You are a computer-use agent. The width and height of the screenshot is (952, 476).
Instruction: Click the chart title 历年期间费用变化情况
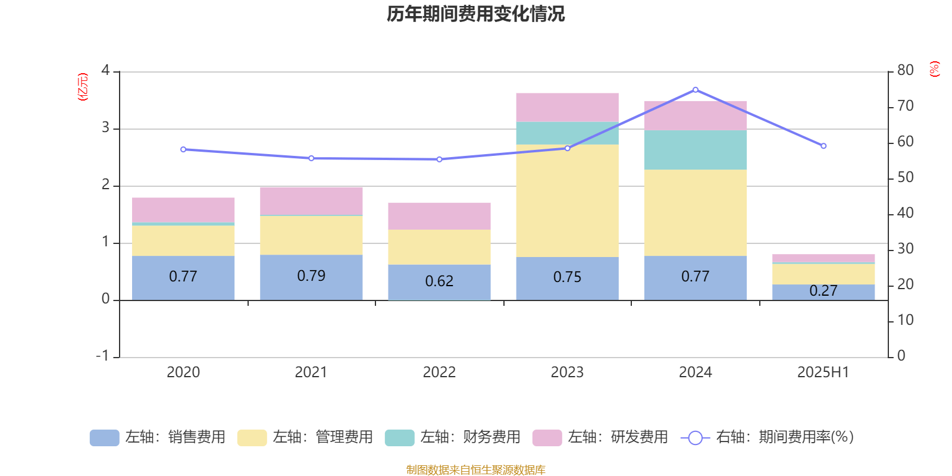pos(475,14)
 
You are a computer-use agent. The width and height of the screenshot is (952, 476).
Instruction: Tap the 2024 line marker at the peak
pos(696,90)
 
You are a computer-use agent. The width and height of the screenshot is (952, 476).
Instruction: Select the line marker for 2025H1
pos(823,146)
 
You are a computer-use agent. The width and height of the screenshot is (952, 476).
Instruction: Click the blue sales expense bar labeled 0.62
pos(439,281)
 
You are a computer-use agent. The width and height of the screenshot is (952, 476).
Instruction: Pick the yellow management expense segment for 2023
pos(567,201)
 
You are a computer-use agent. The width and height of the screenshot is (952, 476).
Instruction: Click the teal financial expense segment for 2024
pos(696,150)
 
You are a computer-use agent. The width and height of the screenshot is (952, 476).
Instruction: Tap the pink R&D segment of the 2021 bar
pos(311,201)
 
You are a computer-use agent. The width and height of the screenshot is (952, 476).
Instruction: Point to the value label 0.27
pos(823,291)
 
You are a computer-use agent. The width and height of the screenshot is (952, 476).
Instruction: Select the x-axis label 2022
pos(439,372)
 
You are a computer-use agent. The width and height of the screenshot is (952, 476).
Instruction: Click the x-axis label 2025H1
pos(823,372)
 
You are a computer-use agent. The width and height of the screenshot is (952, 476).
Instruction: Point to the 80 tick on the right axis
pos(905,70)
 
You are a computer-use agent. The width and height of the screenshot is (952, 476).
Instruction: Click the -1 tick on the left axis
pos(102,356)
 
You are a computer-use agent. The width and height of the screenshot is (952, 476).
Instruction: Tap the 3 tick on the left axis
pos(105,128)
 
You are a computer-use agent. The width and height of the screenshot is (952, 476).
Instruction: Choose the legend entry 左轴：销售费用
pos(158,437)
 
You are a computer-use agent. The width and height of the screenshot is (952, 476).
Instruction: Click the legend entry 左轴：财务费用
pos(453,437)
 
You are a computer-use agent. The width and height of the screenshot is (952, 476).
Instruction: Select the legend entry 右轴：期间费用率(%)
pos(768,437)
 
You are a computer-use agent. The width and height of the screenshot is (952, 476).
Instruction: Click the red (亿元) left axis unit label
pos(83,87)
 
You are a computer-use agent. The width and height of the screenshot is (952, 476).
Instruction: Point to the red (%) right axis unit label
pos(934,69)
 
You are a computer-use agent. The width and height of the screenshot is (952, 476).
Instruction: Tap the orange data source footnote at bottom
pos(475,470)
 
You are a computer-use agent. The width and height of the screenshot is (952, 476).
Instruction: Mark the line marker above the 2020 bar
pos(183,149)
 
